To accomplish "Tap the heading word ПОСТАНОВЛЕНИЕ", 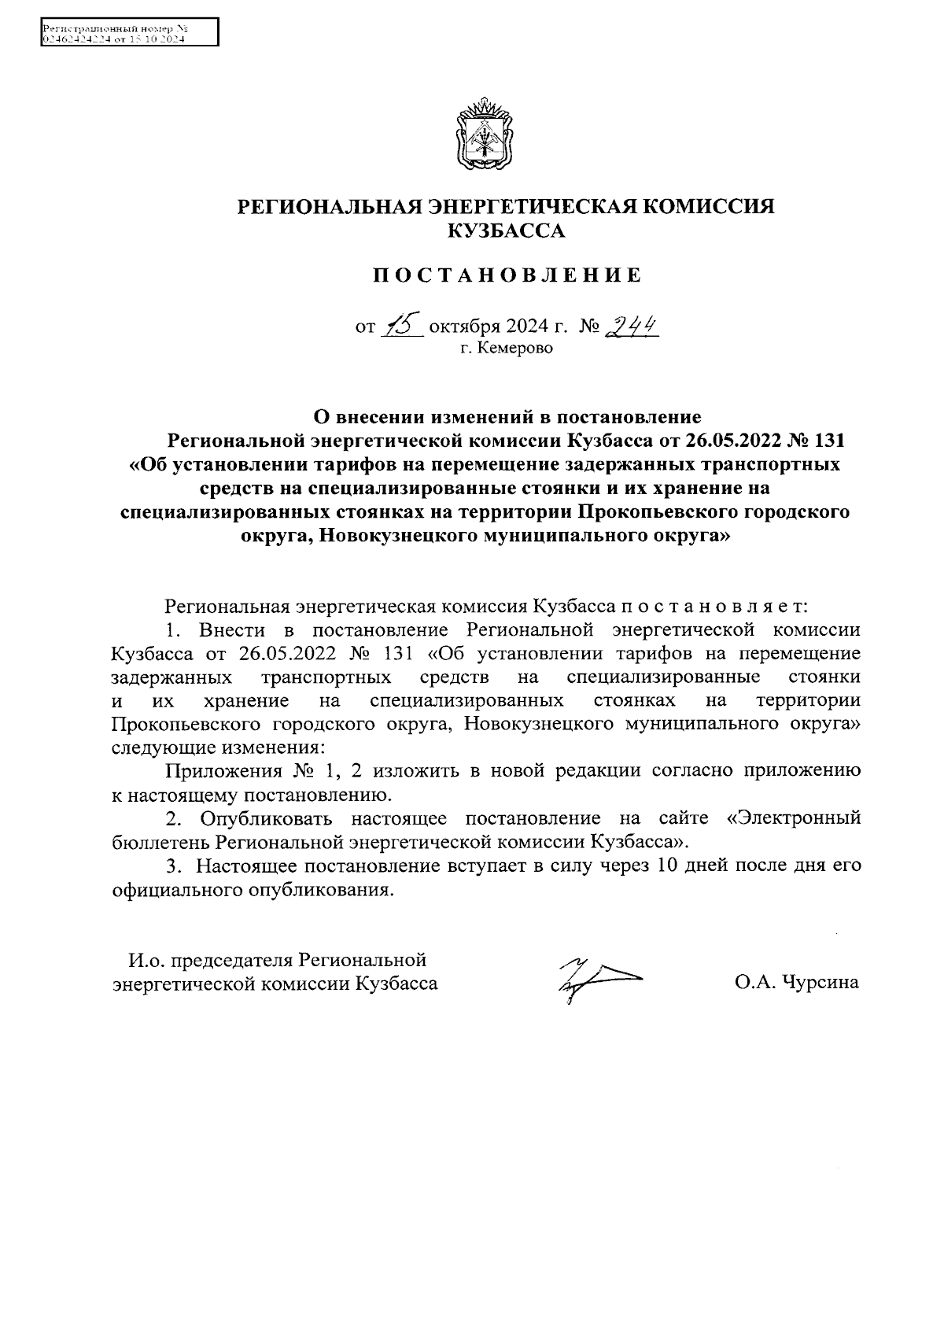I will tap(507, 275).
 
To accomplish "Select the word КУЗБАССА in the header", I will tap(507, 231).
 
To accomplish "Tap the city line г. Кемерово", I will tap(507, 348).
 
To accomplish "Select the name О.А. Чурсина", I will tap(797, 983).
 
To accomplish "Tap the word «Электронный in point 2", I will tap(791, 817).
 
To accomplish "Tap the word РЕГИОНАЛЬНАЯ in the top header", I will tap(330, 207).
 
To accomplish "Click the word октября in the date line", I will tap(460, 325).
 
